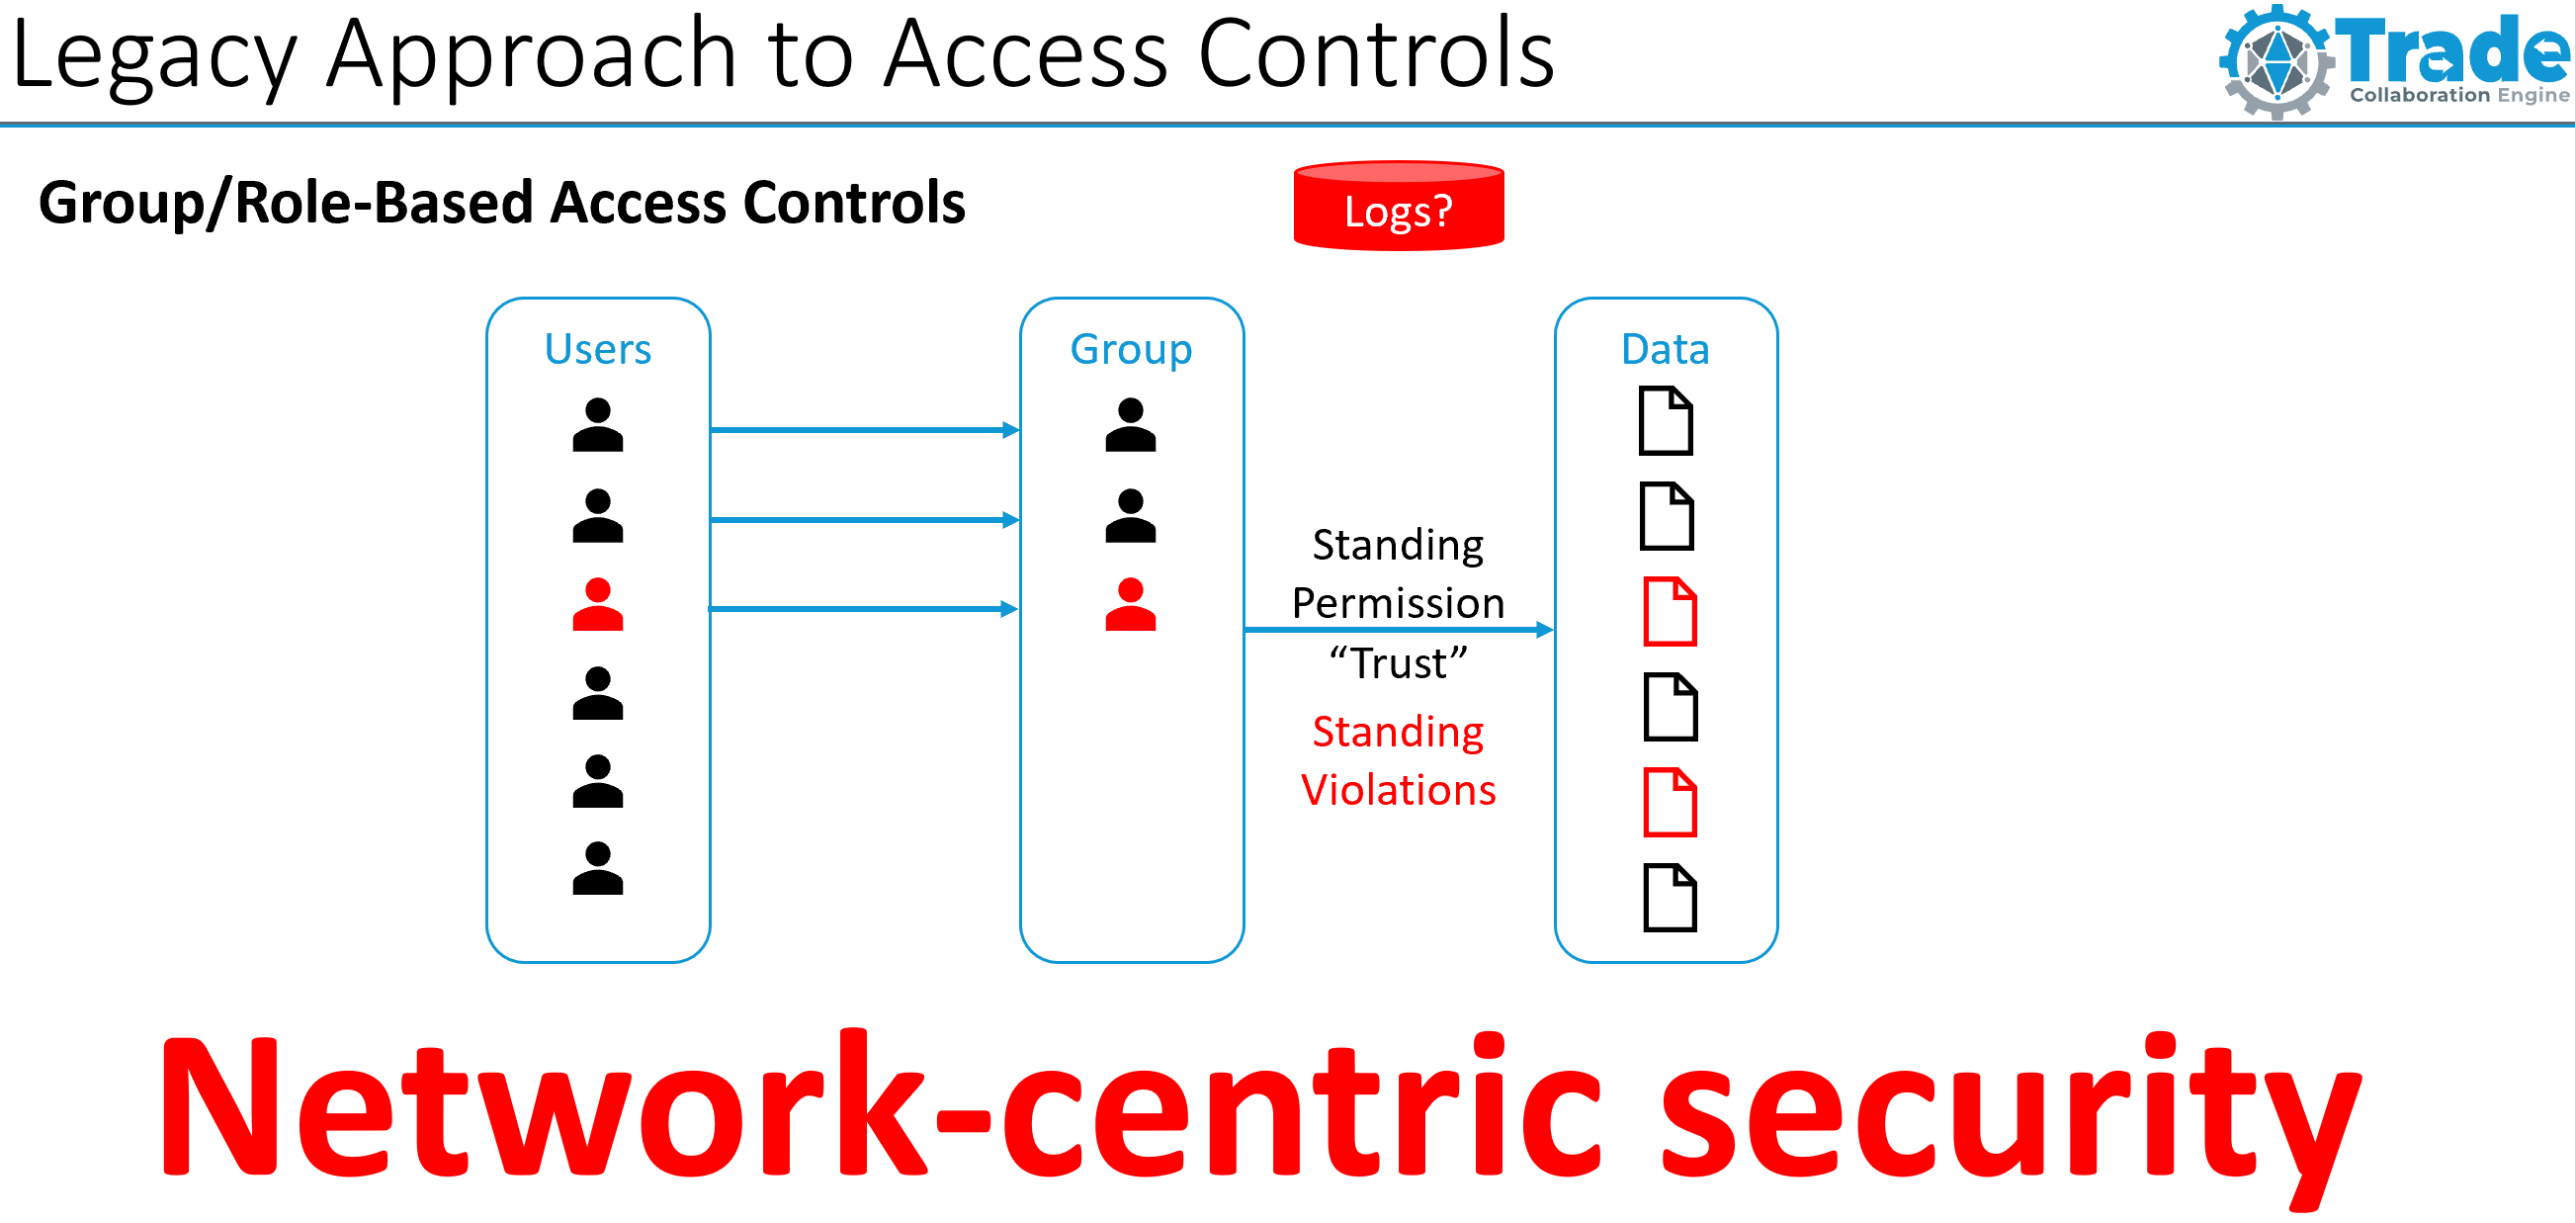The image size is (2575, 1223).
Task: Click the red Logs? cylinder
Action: point(1398,206)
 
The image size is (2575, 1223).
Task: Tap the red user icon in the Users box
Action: point(598,605)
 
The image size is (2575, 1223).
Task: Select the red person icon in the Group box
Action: point(1130,605)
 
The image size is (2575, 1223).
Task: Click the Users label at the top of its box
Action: point(598,349)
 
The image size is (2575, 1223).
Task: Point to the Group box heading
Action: point(1131,349)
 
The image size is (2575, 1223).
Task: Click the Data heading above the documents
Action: point(1665,349)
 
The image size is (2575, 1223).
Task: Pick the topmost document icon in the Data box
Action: point(1666,421)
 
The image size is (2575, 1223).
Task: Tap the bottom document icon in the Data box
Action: point(1670,897)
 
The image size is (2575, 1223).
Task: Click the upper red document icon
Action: point(1670,611)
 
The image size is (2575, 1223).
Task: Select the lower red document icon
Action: point(1670,802)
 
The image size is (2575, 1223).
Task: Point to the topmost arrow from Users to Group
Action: point(865,430)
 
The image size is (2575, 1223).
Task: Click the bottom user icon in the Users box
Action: point(598,868)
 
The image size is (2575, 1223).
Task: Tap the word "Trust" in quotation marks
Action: point(1398,663)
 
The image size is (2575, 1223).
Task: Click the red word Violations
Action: point(1398,790)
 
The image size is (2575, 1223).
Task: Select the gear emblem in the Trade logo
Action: point(2276,62)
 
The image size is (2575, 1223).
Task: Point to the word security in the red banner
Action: point(2010,1110)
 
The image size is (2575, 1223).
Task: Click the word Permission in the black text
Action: point(1398,603)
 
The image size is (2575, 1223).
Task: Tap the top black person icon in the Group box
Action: point(1130,425)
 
